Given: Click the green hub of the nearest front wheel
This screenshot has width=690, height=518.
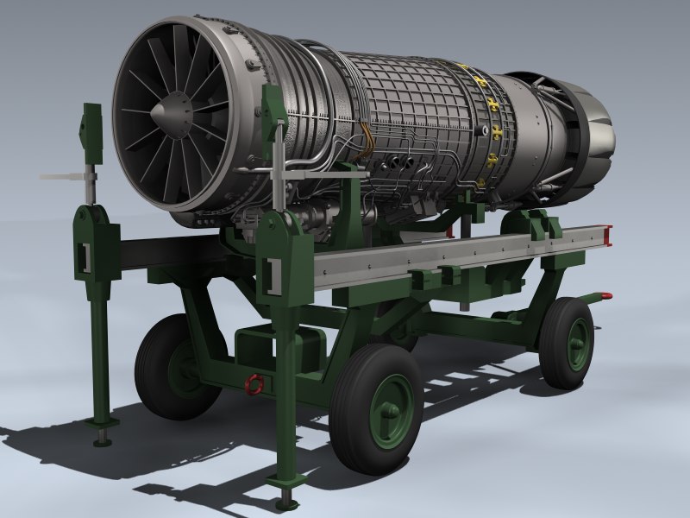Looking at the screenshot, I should [x=387, y=413].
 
